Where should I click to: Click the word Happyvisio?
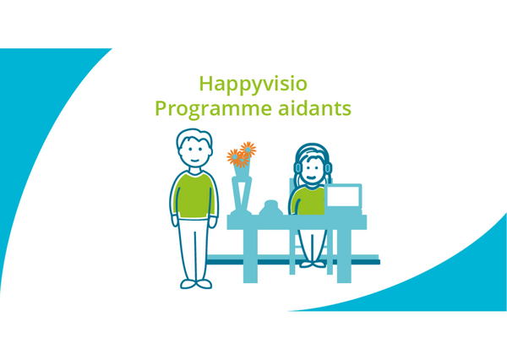(x=253, y=85)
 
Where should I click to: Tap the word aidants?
(x=314, y=108)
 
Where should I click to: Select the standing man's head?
(x=194, y=148)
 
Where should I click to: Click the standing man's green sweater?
(x=194, y=195)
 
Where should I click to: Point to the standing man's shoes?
(x=196, y=284)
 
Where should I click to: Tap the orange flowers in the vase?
(x=242, y=155)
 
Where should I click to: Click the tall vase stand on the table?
(x=242, y=195)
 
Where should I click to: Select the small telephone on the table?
(x=271, y=208)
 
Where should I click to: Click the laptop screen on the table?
(x=343, y=196)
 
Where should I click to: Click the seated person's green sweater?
(x=308, y=201)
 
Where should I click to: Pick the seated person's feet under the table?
(x=313, y=265)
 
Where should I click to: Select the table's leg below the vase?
(x=250, y=256)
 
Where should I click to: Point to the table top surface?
(x=297, y=222)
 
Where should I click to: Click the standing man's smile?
(x=194, y=161)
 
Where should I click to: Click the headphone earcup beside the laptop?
(x=328, y=168)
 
